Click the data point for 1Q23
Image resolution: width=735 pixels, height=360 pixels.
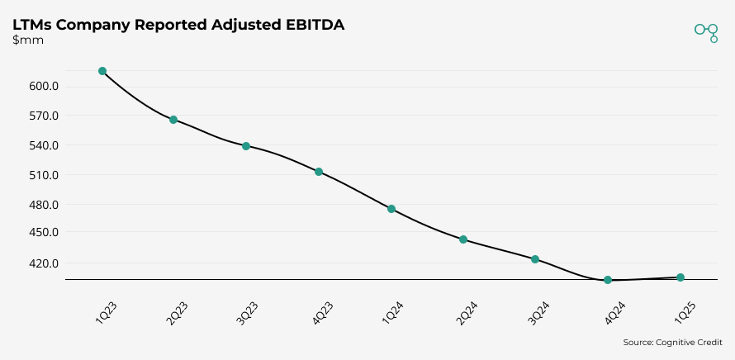102,71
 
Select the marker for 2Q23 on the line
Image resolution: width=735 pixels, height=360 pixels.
173,120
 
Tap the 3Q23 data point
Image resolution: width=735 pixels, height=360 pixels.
246,146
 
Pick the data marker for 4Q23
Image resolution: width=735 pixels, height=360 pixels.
318,172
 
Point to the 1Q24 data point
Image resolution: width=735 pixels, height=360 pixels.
391,209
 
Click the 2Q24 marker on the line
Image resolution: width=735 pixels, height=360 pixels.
463,239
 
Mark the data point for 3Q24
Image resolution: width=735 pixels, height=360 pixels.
535,259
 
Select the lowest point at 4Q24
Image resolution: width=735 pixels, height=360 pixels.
608,280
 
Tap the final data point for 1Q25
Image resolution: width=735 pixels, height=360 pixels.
680,277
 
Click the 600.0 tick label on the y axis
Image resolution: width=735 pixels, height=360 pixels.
43,87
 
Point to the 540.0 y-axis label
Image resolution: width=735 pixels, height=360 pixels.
43,146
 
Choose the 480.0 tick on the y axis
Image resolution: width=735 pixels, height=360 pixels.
43,205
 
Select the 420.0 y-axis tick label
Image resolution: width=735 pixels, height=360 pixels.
43,264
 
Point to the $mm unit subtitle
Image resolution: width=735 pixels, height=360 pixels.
28,40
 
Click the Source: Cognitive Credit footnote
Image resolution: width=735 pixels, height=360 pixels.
672,342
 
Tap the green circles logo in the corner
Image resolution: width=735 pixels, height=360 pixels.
706,31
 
